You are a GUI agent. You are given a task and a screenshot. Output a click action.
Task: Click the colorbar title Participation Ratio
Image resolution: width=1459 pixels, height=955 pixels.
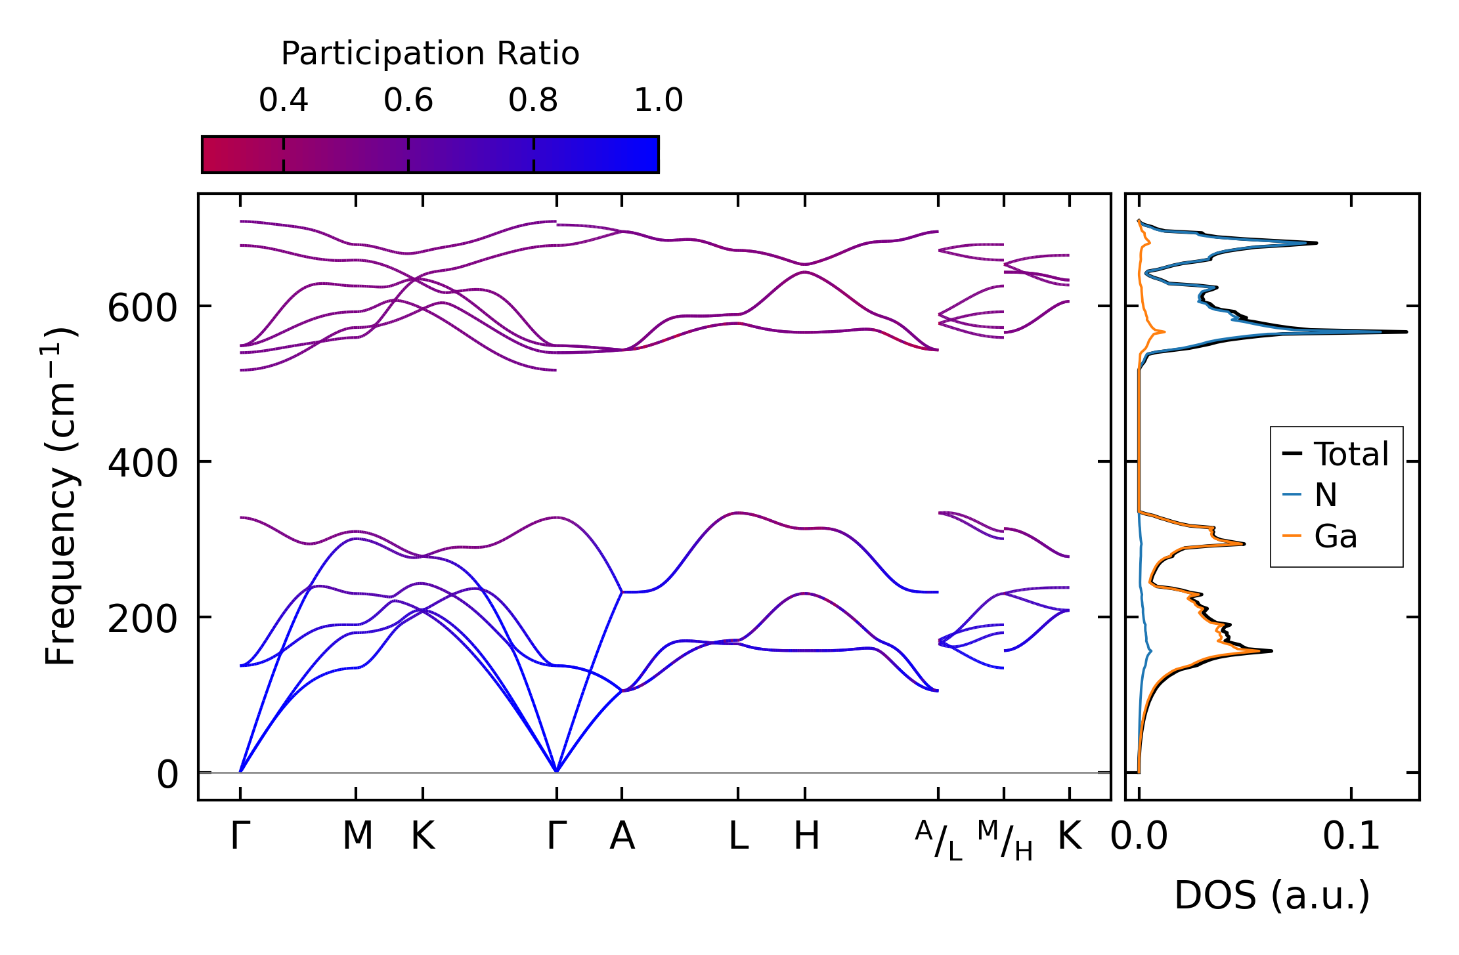[430, 54]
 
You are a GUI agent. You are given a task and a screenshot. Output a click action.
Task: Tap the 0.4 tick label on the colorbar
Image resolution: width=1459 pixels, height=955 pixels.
[283, 100]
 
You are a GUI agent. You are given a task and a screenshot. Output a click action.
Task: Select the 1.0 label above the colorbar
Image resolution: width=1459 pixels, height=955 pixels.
[658, 100]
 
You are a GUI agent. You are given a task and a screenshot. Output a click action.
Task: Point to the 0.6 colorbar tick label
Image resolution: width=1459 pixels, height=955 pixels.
[408, 100]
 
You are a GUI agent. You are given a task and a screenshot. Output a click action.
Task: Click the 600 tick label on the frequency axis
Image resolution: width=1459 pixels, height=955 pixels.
[142, 308]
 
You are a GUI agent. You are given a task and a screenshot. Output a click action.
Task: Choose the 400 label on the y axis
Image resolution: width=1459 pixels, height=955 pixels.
[142, 463]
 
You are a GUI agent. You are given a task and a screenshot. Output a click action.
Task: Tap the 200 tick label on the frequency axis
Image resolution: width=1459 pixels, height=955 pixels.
[142, 619]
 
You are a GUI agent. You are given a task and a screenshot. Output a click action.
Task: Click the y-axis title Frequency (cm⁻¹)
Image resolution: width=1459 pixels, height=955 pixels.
[60, 496]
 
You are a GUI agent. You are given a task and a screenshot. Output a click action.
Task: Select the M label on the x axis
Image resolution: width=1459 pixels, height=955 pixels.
[357, 836]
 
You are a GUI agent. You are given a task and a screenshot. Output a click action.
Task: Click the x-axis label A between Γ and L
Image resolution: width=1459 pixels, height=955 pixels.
[622, 836]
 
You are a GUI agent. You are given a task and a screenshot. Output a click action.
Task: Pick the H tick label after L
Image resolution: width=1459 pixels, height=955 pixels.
[806, 836]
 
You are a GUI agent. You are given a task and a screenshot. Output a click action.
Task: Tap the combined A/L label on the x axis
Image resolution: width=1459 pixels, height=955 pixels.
[938, 840]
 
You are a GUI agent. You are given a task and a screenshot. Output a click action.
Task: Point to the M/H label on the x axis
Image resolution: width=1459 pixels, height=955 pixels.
[1005, 840]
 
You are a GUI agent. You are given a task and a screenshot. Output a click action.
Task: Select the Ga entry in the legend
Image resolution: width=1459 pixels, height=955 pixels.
[1335, 536]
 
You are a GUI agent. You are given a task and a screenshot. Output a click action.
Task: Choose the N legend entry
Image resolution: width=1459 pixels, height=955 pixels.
[1326, 495]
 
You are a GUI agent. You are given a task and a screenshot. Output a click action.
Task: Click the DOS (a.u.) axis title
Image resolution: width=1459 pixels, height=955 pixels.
[1272, 895]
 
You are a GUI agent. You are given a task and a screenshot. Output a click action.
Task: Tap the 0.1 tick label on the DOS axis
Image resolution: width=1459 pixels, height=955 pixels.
[1351, 836]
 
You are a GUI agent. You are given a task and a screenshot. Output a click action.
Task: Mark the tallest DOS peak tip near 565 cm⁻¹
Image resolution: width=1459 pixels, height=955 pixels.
[1406, 331]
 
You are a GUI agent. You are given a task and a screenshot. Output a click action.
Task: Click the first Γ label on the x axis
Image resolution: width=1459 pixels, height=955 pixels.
[240, 836]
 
